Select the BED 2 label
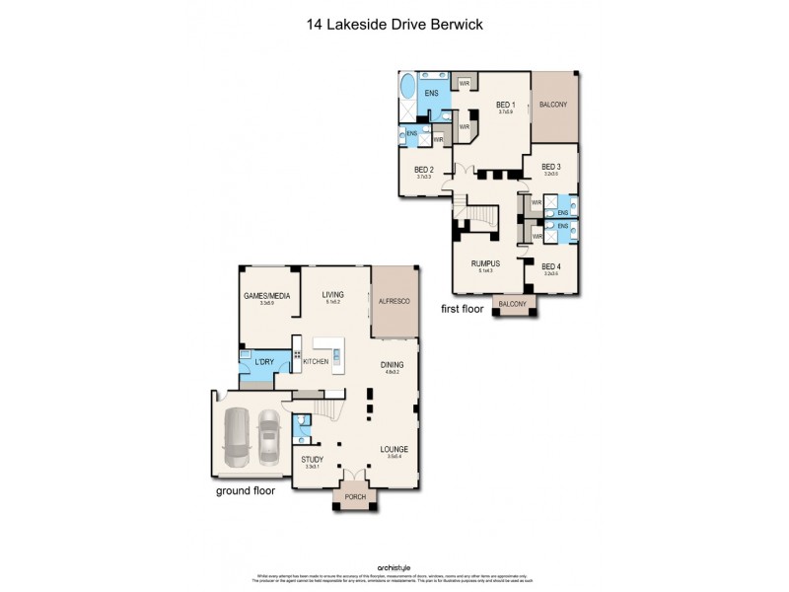click(425, 170)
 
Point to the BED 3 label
click(551, 167)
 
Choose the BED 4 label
click(551, 267)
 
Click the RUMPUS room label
click(485, 263)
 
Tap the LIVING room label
click(332, 294)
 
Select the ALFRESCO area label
click(394, 301)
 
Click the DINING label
click(393, 365)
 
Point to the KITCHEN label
click(316, 363)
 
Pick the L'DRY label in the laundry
click(263, 363)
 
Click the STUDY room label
click(313, 459)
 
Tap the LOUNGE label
click(394, 450)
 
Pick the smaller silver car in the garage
click(268, 437)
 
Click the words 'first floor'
click(464, 309)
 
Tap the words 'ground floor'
click(248, 489)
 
